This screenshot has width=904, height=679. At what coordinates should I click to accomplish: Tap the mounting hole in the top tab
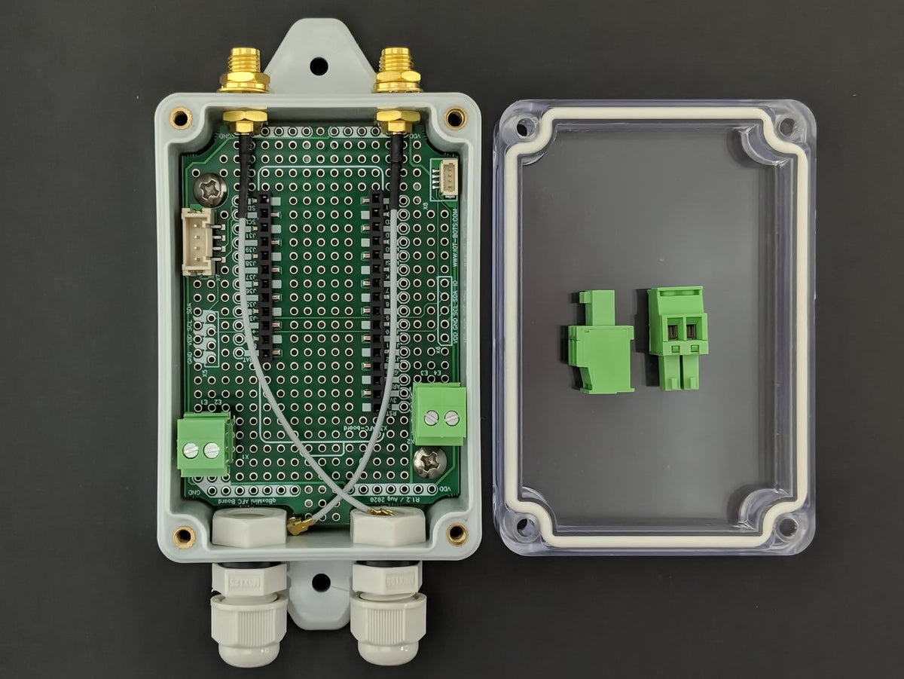(319, 66)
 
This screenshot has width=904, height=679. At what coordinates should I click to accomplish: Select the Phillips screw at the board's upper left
(212, 189)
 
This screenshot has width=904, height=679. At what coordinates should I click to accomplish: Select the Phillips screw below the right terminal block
(431, 461)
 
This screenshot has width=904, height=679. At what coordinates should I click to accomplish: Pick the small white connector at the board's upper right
(447, 179)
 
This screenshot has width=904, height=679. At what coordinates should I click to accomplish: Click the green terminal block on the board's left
(203, 445)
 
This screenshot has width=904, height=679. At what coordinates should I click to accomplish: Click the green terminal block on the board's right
(438, 414)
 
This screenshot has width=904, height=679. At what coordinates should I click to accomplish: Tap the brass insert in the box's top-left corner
(181, 117)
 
